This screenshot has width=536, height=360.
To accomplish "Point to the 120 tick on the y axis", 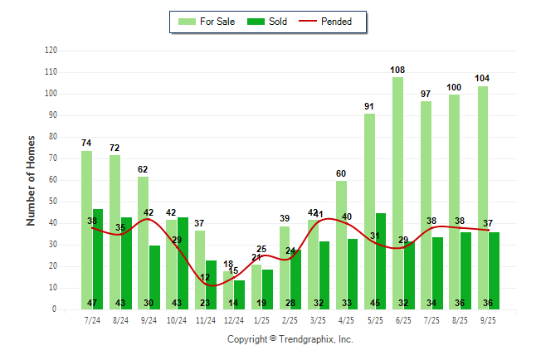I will tap(51, 51).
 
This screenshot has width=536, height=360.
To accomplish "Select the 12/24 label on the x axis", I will tap(234, 319).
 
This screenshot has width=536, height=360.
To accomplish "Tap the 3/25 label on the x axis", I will tap(318, 319).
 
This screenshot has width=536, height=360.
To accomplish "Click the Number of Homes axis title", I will tap(31, 180).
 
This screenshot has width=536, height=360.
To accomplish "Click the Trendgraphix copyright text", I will tap(290, 339).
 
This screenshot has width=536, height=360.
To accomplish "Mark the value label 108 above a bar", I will tap(398, 70).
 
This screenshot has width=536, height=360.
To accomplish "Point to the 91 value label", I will tap(369, 106).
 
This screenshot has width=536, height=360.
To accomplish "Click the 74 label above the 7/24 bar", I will tap(86, 143).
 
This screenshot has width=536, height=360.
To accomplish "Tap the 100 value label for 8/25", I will tap(455, 87).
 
